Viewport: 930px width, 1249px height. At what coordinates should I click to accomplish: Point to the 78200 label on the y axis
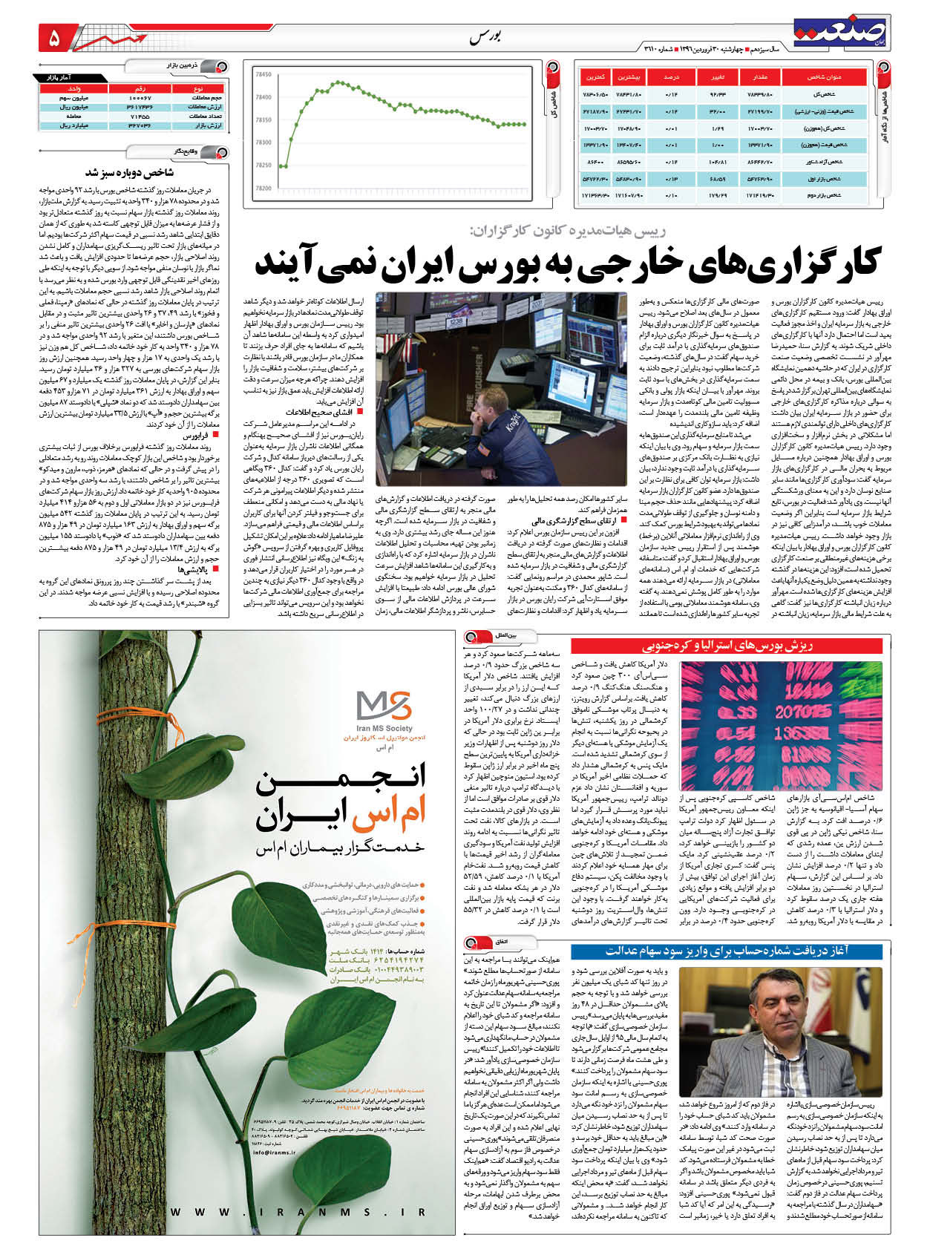262,189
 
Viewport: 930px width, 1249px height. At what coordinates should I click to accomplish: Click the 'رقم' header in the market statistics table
140,88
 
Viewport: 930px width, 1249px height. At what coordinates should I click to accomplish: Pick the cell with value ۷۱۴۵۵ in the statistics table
140,117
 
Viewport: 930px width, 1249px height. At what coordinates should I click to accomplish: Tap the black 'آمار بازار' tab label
68,77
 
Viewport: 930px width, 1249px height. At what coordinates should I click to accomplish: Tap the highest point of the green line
338,82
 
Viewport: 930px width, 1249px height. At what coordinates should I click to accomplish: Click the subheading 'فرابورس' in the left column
201,439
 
